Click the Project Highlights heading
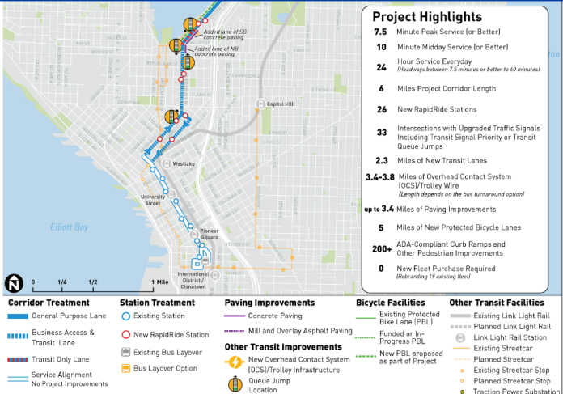(426, 17)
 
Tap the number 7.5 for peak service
(381, 32)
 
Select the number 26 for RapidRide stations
(381, 109)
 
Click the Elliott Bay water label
(69, 227)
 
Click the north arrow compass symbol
(14, 283)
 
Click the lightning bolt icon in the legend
(233, 363)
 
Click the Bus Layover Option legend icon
(125, 368)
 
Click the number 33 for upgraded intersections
(381, 133)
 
